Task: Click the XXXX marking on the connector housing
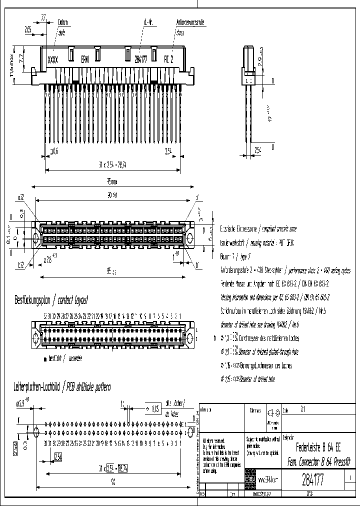click(x=52, y=59)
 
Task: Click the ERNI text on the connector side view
click(x=85, y=59)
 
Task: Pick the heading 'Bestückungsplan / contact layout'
click(x=51, y=300)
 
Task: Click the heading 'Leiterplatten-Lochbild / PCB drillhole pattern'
click(x=63, y=387)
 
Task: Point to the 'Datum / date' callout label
click(x=62, y=26)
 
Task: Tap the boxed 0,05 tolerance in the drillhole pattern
click(x=156, y=408)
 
